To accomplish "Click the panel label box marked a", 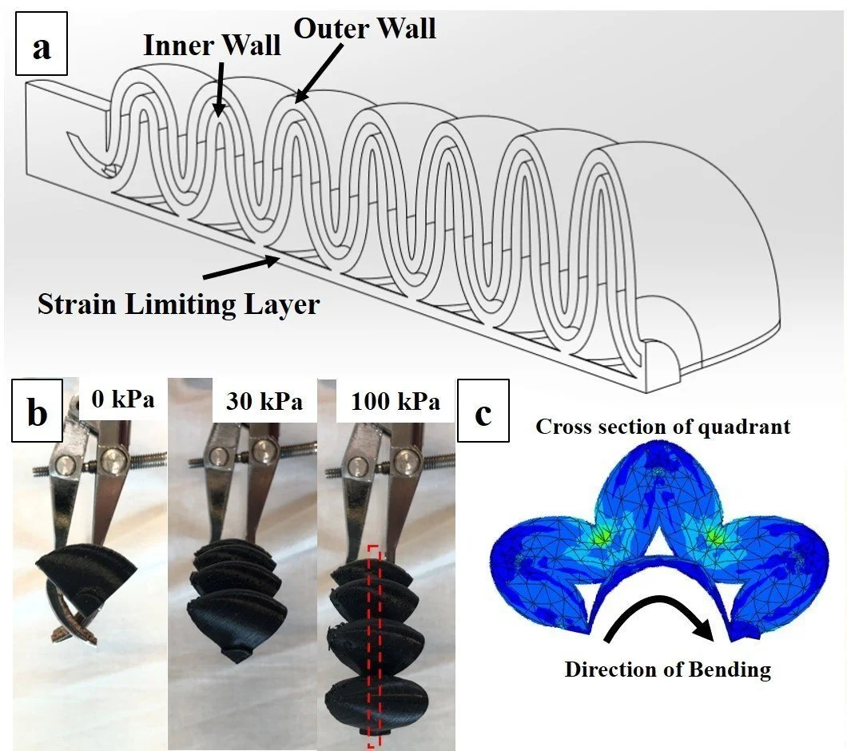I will pos(41,47).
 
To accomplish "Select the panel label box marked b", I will pos(37,415).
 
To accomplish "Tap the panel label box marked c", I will pos(483,415).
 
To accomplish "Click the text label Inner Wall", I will pos(212,46).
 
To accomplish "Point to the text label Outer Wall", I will pos(365,27).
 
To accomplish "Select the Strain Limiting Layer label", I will pos(178,304).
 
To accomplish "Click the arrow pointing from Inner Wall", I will pos(217,89).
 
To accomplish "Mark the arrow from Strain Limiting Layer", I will pos(239,268).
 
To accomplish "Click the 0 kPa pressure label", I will pos(123,399).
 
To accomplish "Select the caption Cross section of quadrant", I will pos(662,426).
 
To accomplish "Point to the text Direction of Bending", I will pos(667,668).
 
